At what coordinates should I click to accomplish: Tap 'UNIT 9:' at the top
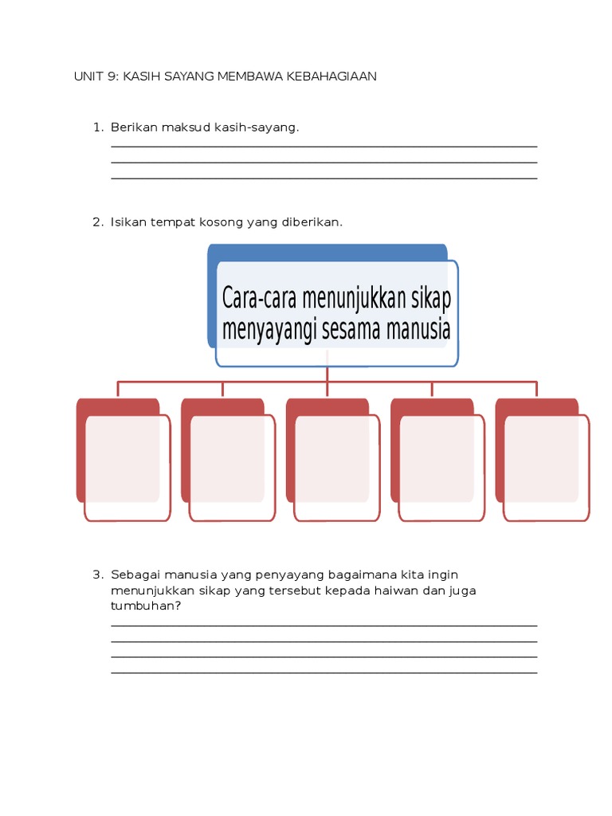click(x=96, y=76)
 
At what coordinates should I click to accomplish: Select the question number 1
click(x=97, y=127)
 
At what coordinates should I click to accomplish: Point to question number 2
click(x=97, y=222)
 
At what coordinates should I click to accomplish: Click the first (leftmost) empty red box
click(x=127, y=467)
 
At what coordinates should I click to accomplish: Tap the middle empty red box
click(x=336, y=467)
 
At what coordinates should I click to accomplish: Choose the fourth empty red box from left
click(x=441, y=467)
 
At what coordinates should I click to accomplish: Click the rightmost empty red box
click(x=546, y=467)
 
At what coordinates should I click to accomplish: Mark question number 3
click(x=97, y=575)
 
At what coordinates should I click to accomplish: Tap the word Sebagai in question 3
click(x=133, y=575)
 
